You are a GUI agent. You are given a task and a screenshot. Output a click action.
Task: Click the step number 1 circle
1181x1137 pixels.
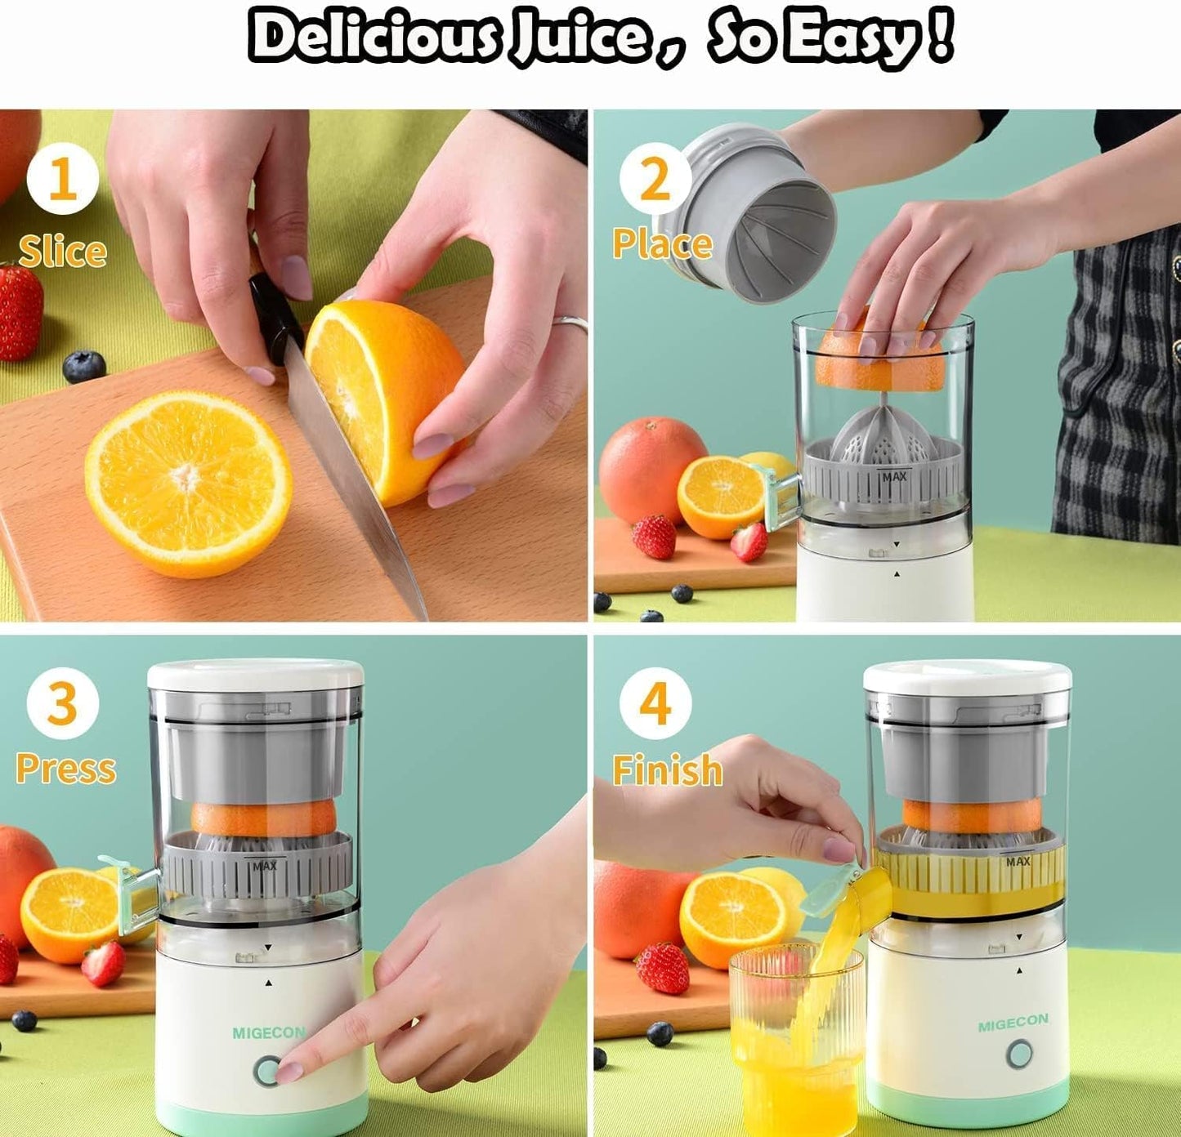(63, 178)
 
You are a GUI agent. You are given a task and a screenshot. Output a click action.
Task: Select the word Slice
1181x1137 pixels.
(63, 251)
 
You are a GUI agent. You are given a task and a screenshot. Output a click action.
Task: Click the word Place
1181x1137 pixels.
(662, 243)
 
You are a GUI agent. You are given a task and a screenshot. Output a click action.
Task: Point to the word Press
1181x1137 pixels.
(65, 768)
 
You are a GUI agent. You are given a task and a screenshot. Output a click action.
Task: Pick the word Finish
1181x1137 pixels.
(668, 769)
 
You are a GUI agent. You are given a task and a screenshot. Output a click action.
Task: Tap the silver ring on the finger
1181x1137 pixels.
(570, 323)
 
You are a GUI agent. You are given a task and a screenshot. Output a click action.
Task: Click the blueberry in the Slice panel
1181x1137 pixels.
(84, 366)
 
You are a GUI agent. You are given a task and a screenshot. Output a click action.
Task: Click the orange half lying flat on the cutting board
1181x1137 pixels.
(188, 484)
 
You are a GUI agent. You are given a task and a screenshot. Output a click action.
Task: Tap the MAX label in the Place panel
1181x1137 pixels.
(893, 476)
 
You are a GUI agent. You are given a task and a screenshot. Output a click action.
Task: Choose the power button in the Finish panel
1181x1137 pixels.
(1019, 1055)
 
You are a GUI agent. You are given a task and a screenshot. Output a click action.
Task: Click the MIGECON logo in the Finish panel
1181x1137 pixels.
(1013, 1022)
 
